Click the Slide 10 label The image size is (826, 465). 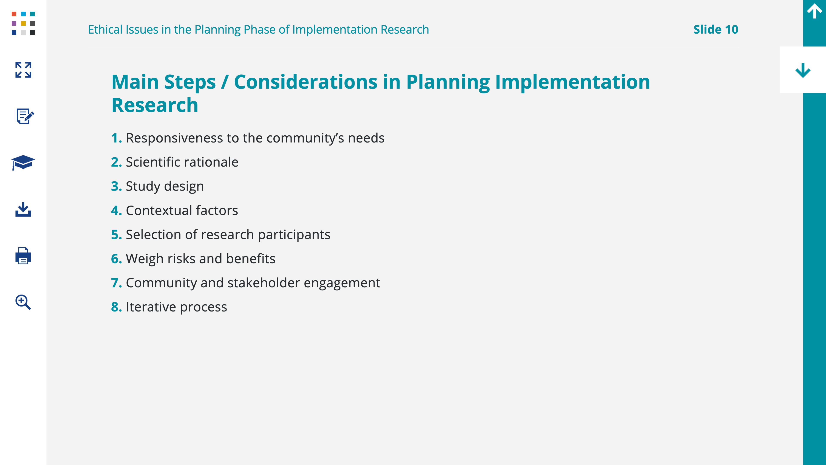pyautogui.click(x=716, y=29)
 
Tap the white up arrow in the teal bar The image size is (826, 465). pyautogui.click(x=814, y=11)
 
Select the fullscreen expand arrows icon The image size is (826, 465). pyautogui.click(x=23, y=70)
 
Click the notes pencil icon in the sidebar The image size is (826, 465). pyautogui.click(x=25, y=116)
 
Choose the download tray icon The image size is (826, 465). pyautogui.click(x=23, y=209)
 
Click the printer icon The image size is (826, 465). pyautogui.click(x=23, y=256)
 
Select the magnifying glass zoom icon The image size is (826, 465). pyautogui.click(x=23, y=302)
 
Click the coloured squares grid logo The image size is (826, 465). pyautogui.click(x=23, y=23)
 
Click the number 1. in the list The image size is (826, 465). pyautogui.click(x=116, y=138)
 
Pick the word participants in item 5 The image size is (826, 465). pyautogui.click(x=294, y=235)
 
